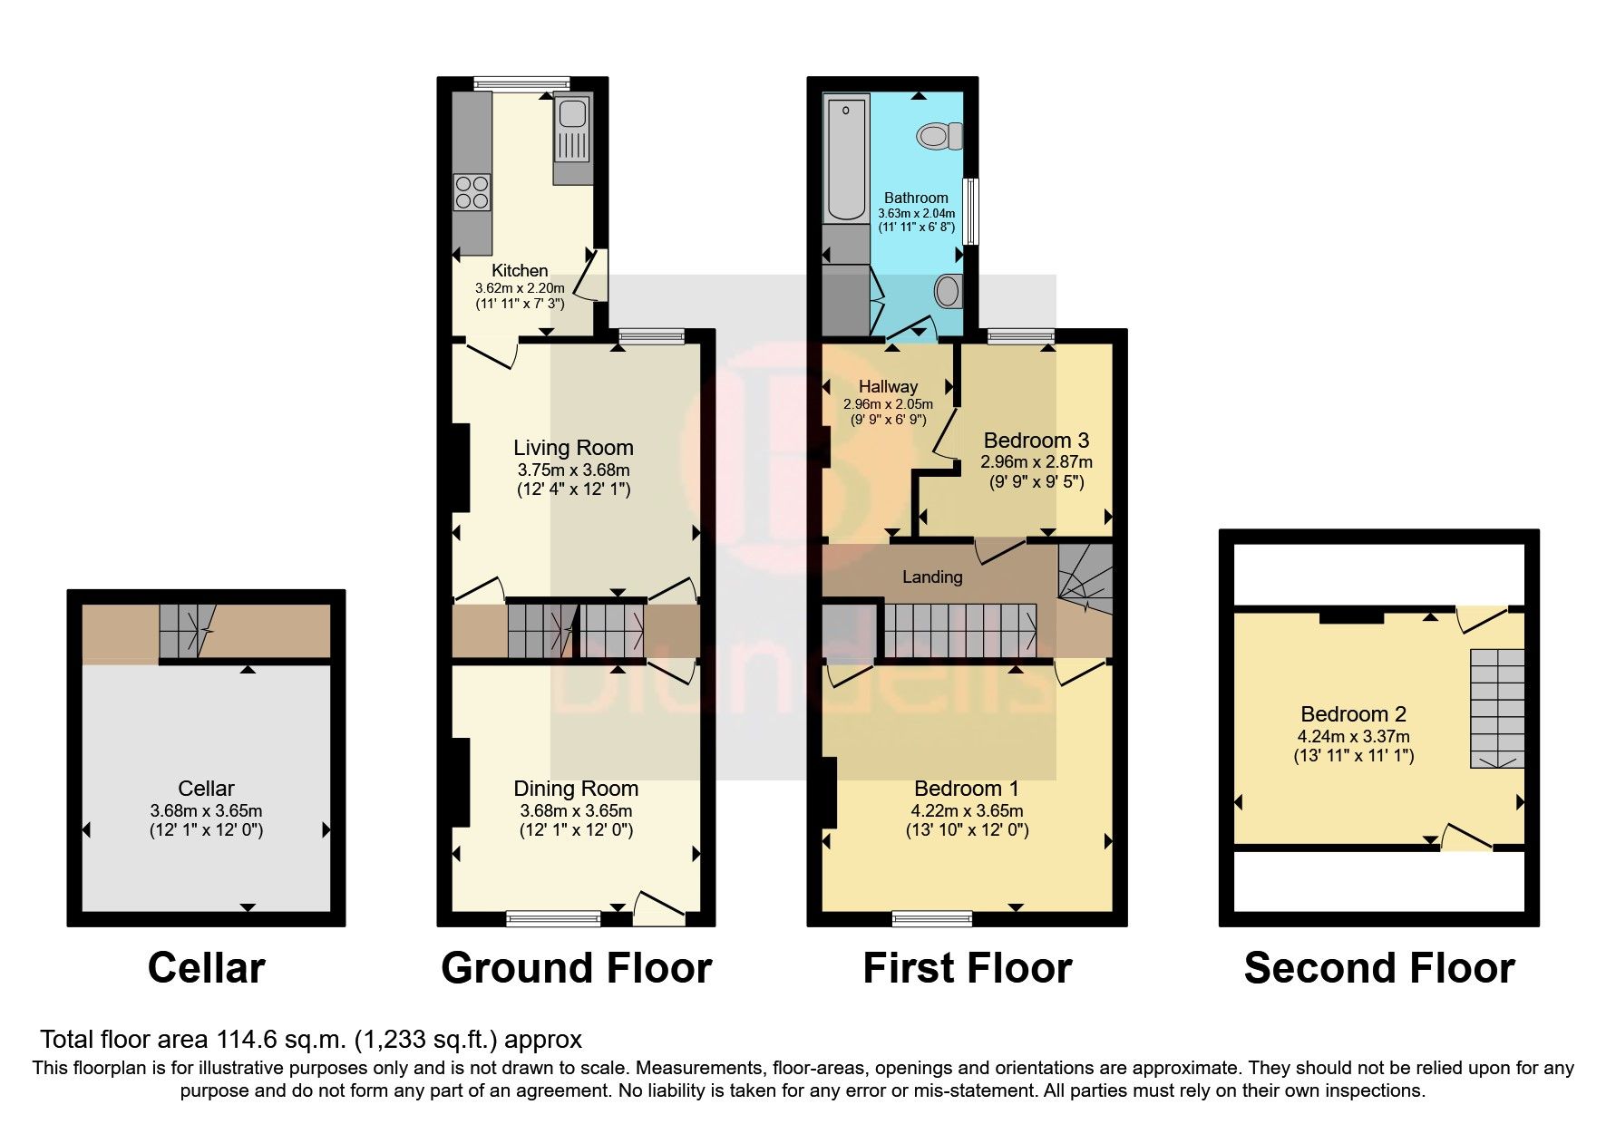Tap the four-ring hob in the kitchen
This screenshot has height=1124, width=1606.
(x=472, y=191)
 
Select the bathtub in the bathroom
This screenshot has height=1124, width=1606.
(x=846, y=159)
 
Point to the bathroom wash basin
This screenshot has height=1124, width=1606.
(x=947, y=292)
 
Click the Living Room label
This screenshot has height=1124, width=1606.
(x=573, y=448)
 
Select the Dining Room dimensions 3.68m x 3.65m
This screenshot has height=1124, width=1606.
(x=576, y=811)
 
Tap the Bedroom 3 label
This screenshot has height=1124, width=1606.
(x=1036, y=441)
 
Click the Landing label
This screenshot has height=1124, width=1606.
(x=932, y=577)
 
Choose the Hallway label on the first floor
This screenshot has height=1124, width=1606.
(x=888, y=386)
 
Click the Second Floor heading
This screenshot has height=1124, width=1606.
(x=1378, y=968)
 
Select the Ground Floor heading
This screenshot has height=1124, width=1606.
(x=576, y=968)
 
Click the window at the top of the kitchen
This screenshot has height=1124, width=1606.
(x=515, y=83)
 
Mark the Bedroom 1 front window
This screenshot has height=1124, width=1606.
(x=932, y=919)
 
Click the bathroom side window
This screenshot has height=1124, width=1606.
(x=970, y=211)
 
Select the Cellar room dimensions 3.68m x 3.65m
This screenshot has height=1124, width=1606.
(x=206, y=811)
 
